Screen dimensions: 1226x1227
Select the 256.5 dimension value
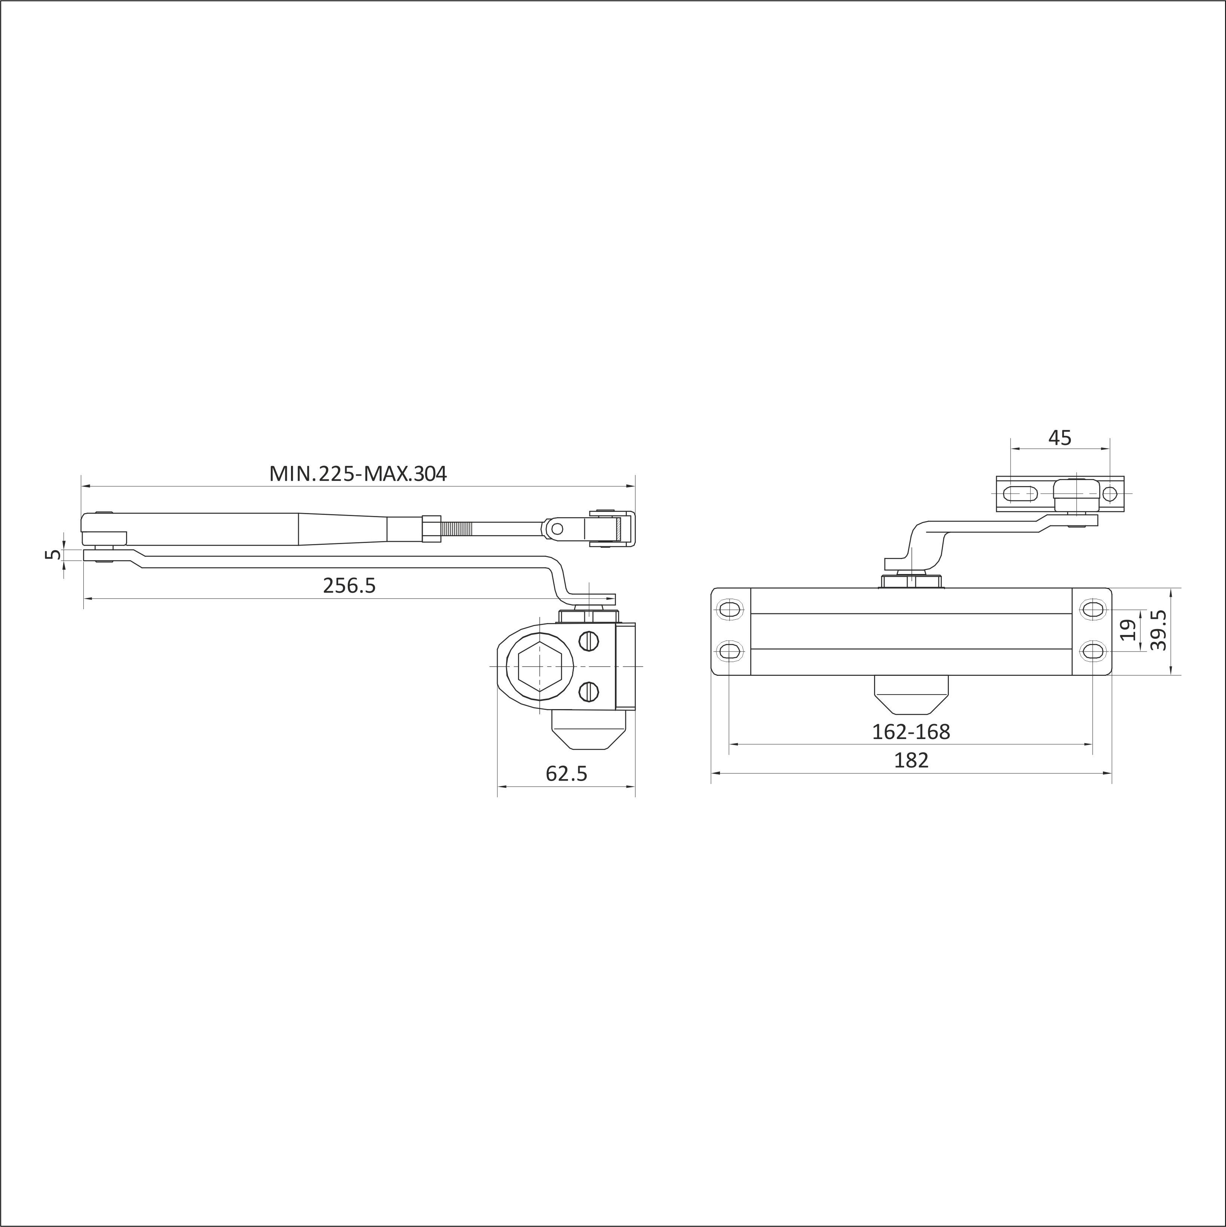(x=349, y=585)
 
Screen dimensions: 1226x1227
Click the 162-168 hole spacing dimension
(x=911, y=732)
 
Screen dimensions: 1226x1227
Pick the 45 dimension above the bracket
(x=1060, y=437)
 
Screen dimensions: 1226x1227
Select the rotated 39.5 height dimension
(x=1159, y=630)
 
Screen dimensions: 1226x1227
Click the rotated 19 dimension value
(x=1128, y=630)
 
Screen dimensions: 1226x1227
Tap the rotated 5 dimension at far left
(x=55, y=555)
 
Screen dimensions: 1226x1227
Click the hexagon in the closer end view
(x=540, y=666)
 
